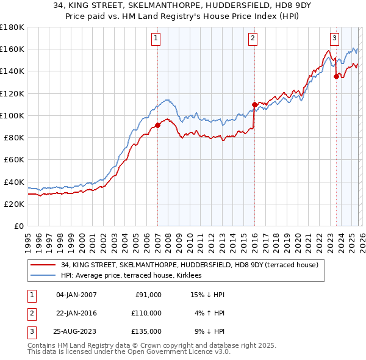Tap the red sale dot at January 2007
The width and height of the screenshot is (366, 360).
click(x=157, y=125)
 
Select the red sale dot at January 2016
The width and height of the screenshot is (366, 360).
click(x=254, y=104)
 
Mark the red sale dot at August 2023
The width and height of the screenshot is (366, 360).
click(x=336, y=76)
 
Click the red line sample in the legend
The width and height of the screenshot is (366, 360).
click(x=43, y=265)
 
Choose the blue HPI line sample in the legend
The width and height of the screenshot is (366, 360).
click(x=43, y=276)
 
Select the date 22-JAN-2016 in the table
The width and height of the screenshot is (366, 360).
click(x=76, y=313)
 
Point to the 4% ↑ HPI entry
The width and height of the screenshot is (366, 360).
click(x=210, y=313)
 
